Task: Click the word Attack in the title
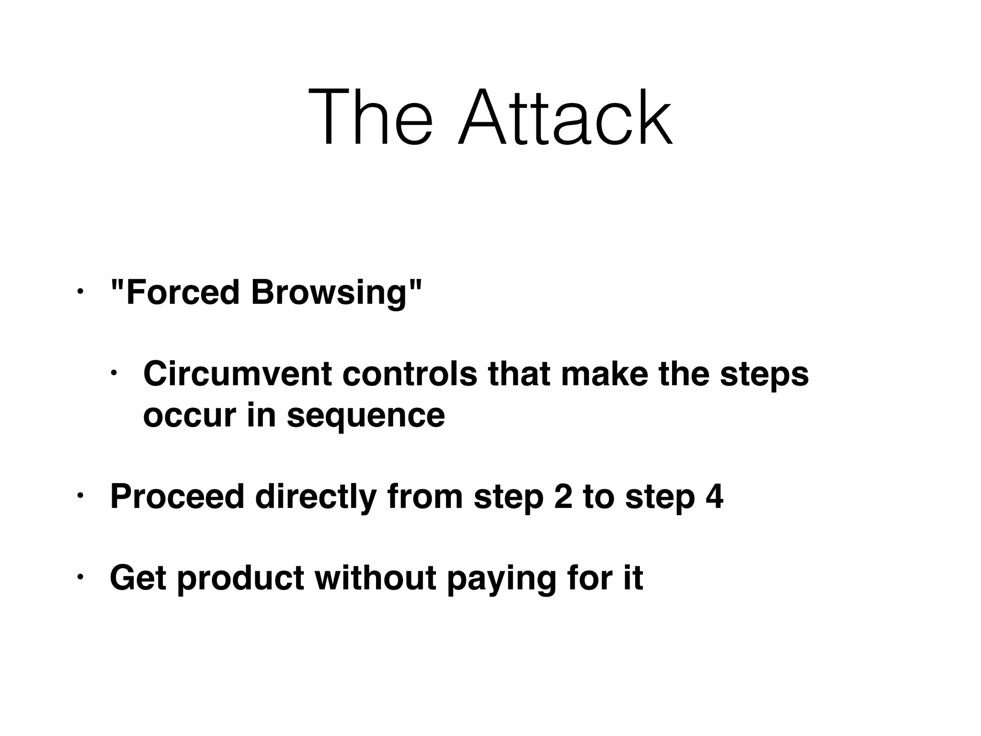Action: point(565,118)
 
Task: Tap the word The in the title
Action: point(370,118)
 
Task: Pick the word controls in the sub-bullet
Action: point(410,374)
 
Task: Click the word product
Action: point(240,578)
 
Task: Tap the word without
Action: point(375,578)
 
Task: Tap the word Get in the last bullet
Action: point(138,578)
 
